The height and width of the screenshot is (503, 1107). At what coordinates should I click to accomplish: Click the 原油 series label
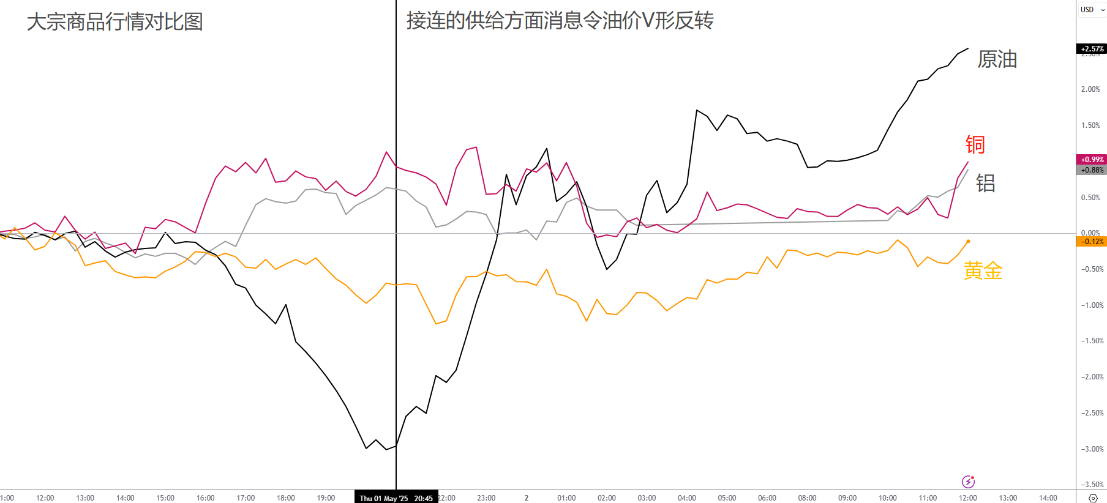click(997, 59)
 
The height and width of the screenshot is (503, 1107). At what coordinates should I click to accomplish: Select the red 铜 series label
click(975, 145)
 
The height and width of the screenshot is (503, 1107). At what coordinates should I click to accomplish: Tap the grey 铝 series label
click(985, 183)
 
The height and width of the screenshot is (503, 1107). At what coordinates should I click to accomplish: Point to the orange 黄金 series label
click(983, 270)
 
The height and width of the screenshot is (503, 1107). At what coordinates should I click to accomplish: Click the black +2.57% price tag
click(1092, 49)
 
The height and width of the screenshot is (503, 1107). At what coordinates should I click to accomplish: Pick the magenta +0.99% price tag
click(1092, 160)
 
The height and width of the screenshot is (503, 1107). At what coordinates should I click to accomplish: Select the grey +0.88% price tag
click(1092, 170)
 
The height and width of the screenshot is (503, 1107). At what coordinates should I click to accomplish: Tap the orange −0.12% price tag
click(1092, 242)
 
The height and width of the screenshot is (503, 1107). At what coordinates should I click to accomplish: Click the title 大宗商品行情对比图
click(114, 22)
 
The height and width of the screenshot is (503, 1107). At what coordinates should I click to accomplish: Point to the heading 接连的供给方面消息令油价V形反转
click(560, 21)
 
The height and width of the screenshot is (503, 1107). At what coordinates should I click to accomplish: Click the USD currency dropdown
click(1092, 10)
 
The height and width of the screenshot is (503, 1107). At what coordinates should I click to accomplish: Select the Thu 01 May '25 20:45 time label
click(396, 498)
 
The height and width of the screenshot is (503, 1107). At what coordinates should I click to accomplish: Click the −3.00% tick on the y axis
click(1092, 449)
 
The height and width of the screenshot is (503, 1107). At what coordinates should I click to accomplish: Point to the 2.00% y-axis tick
click(1090, 89)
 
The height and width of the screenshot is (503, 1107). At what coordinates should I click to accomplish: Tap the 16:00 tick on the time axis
click(205, 498)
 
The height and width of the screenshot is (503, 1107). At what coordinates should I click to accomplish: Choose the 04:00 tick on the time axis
click(686, 498)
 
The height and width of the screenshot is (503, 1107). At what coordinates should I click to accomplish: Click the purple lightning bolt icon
click(968, 482)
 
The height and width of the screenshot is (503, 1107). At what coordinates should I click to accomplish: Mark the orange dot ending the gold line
click(968, 241)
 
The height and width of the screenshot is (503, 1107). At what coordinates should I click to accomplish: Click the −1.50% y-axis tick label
click(1092, 341)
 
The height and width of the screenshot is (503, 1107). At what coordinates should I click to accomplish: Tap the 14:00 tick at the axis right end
click(1048, 498)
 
